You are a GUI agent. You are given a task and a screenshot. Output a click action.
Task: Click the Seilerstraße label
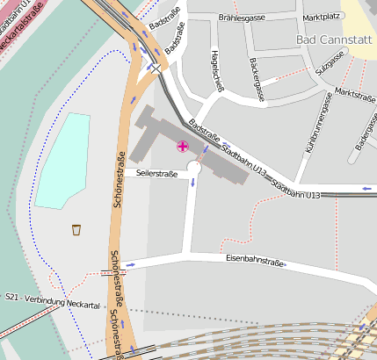coord(156,174)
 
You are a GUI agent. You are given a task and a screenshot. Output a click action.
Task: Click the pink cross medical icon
coord(183,147)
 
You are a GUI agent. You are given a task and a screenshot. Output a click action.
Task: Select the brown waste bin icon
coord(77,230)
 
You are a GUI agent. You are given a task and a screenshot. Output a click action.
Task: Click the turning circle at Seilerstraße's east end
coord(193,175)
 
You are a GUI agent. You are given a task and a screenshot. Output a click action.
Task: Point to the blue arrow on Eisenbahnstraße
coord(131,263)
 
